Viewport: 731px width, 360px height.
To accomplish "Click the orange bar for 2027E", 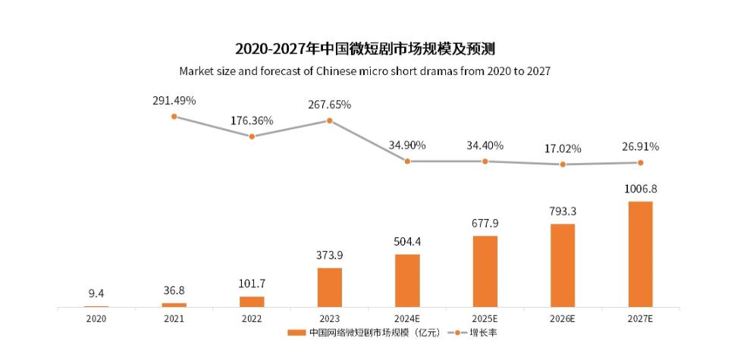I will [x=640, y=254].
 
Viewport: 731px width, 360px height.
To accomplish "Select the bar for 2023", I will [x=329, y=287].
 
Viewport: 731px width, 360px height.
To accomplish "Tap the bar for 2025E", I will [x=485, y=271].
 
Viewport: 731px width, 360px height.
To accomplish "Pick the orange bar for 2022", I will [x=252, y=302].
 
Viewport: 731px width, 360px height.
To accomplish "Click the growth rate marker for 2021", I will [x=174, y=117].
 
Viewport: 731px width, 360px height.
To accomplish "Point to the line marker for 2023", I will [x=329, y=120].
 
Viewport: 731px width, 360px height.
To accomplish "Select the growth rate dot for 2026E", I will [x=563, y=164].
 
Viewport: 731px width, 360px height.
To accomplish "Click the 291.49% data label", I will [x=174, y=99].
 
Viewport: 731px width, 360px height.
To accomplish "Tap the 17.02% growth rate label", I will [x=563, y=149].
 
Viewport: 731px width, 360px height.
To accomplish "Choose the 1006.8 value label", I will [x=641, y=189].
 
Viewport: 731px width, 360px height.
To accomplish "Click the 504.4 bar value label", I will [x=407, y=242].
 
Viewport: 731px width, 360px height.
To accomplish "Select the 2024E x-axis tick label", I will [x=407, y=320].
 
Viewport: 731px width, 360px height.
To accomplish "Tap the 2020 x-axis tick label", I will [x=96, y=320].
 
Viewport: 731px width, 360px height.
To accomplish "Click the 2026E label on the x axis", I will [x=563, y=320].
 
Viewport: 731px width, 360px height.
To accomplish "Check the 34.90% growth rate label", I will [x=407, y=145].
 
